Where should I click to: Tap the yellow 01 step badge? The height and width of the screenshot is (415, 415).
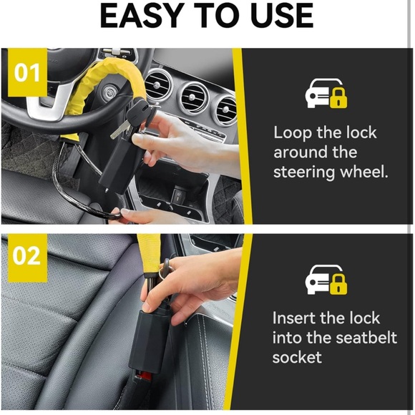(x=27, y=72)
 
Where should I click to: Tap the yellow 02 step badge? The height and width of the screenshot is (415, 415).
(x=27, y=256)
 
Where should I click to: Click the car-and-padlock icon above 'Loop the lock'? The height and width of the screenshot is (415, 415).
(x=326, y=94)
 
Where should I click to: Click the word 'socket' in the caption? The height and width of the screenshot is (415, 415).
(x=297, y=357)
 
